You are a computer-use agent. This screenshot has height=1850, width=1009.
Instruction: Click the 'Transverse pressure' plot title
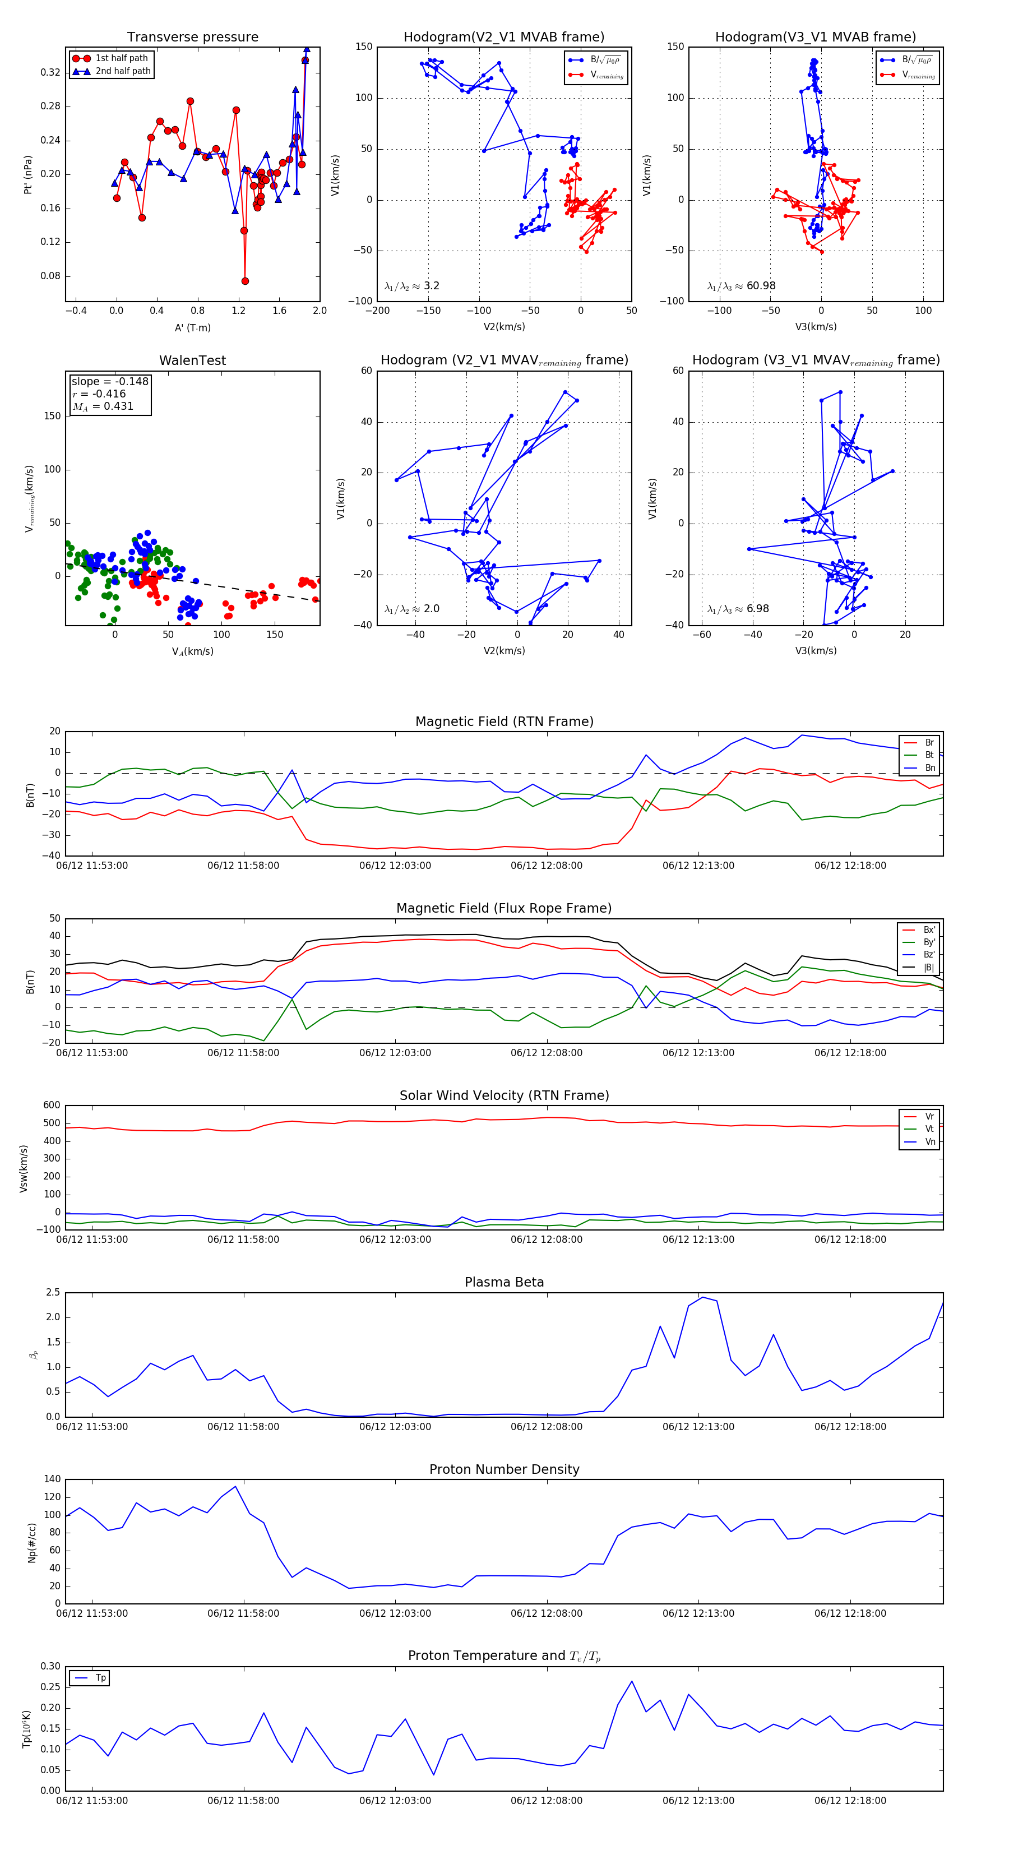tap(192, 38)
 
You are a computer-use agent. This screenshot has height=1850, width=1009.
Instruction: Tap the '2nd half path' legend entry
tap(123, 71)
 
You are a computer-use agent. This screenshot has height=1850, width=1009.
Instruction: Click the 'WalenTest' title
tap(192, 360)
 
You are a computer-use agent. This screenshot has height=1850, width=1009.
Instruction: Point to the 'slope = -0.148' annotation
tap(110, 381)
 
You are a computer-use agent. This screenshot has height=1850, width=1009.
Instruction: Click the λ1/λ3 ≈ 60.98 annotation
tap(741, 286)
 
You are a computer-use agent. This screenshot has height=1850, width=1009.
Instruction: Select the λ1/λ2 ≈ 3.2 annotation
tap(411, 286)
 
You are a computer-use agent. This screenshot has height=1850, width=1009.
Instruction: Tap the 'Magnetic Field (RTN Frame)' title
tap(504, 721)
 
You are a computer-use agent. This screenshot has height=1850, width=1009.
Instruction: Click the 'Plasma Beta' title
tap(504, 1283)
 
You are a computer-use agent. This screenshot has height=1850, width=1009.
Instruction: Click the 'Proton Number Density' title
tap(504, 1469)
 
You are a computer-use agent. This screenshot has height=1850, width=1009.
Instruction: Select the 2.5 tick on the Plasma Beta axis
tap(53, 1292)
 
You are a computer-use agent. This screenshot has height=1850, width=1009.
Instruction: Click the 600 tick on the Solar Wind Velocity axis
tap(51, 1106)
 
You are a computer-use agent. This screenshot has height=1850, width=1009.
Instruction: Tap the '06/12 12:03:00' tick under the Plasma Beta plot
tap(395, 1427)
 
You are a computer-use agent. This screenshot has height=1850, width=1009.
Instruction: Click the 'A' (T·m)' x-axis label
tap(192, 327)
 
